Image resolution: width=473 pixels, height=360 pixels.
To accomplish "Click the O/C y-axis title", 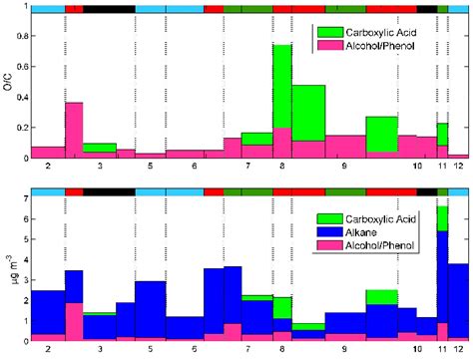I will coord(9,87).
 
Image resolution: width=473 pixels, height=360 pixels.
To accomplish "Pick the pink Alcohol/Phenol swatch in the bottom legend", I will coord(331,244).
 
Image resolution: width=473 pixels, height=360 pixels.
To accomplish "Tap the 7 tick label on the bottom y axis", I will coord(25,199).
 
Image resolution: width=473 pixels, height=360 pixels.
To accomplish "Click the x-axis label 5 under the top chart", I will coord(150,168).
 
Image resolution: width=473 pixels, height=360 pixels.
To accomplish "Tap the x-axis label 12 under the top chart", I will coord(458,168).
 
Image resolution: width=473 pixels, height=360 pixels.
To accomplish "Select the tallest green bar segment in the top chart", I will coord(282,86).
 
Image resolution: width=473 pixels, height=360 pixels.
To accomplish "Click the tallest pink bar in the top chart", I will coord(74,130).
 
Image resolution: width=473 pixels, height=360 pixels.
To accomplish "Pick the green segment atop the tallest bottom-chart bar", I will coord(442,218).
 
